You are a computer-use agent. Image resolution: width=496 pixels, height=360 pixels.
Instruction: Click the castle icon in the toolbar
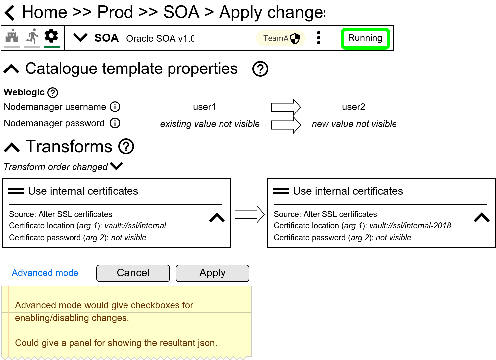pos(12,36)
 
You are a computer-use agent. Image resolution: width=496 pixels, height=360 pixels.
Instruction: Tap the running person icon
pos(32,36)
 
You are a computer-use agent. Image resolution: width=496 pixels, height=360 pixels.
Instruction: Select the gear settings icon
pos(51,36)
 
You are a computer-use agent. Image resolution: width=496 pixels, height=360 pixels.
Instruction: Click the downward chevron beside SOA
pos(80,38)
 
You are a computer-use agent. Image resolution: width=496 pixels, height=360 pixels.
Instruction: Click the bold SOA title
pos(106,38)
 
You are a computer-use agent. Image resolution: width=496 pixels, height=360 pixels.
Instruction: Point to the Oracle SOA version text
pos(160,39)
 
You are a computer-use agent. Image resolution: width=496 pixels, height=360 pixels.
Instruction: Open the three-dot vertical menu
pos(319,38)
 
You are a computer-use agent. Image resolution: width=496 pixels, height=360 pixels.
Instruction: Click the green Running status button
pos(365,38)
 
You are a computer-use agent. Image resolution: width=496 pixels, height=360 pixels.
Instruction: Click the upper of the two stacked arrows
pos(285,107)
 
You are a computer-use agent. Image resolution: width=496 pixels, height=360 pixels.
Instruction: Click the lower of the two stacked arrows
pos(285,125)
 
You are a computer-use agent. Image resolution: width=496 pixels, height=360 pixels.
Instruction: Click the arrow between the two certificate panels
pos(249,214)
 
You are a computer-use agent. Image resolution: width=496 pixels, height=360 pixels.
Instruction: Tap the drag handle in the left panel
pos(16,191)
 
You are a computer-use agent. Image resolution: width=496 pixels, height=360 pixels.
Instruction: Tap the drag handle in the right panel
pos(281,191)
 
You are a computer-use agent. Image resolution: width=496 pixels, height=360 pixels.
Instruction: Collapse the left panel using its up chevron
pos(217,218)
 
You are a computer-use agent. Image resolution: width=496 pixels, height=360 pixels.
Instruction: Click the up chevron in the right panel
pos(482,218)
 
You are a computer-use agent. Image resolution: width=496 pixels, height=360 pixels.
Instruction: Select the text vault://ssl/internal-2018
pos(410,226)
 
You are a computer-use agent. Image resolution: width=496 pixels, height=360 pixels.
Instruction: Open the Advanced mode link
pos(45,273)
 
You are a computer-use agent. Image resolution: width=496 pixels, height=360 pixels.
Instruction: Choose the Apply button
pos(212,273)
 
